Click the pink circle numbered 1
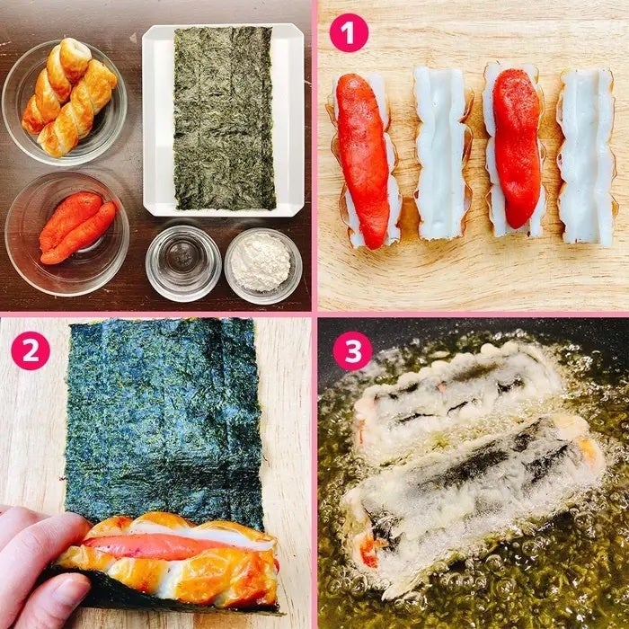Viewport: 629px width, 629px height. [x=349, y=33]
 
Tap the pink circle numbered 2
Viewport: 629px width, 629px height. [x=31, y=350]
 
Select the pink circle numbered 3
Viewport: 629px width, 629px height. [x=352, y=350]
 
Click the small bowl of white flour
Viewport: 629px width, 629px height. [x=262, y=266]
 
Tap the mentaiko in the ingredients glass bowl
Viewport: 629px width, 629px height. [x=77, y=228]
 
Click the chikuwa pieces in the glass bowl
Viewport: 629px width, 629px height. [x=68, y=96]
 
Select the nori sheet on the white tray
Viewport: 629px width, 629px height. [x=224, y=119]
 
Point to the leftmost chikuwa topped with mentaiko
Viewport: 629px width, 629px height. [x=364, y=161]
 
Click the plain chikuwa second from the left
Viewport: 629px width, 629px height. [x=442, y=153]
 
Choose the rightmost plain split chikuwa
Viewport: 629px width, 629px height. [x=587, y=157]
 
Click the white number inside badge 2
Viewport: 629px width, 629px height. [x=31, y=350]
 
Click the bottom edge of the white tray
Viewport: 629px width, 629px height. [x=224, y=213]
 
